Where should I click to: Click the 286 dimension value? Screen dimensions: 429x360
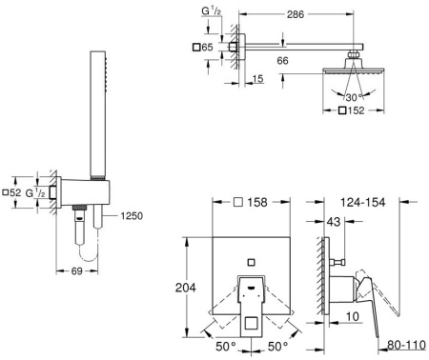pyautogui.click(x=296, y=14)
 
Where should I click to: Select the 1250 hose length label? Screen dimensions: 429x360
pyautogui.click(x=132, y=216)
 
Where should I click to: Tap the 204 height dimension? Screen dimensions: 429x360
pyautogui.click(x=186, y=288)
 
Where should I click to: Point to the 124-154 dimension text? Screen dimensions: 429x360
pyautogui.click(x=363, y=202)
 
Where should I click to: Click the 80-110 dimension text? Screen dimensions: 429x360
pyautogui.click(x=406, y=345)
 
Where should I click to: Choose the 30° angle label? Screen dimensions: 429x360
pyautogui.click(x=354, y=97)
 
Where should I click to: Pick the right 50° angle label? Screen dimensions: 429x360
pyautogui.click(x=277, y=347)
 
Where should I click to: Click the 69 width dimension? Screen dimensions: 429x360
pyautogui.click(x=77, y=271)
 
